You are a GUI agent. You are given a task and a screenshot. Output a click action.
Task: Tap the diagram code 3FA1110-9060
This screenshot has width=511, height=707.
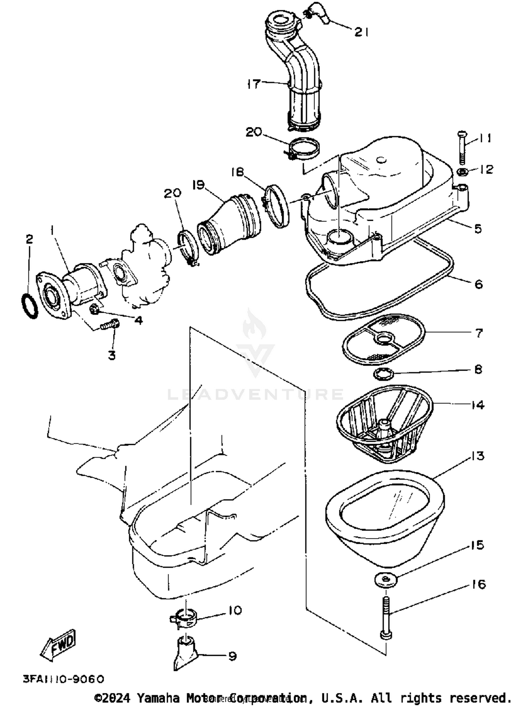click(63, 679)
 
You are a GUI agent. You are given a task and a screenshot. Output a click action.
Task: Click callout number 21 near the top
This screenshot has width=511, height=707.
click(361, 32)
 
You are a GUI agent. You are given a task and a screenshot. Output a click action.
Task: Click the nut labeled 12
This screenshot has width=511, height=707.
click(462, 171)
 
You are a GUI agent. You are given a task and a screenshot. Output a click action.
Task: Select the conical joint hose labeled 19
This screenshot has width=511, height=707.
click(229, 224)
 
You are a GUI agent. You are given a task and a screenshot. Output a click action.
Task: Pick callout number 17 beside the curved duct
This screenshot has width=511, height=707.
click(254, 83)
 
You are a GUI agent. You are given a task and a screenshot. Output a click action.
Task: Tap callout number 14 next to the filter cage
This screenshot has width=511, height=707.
click(478, 405)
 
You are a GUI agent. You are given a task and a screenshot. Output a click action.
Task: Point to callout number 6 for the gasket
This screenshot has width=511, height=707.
click(479, 284)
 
